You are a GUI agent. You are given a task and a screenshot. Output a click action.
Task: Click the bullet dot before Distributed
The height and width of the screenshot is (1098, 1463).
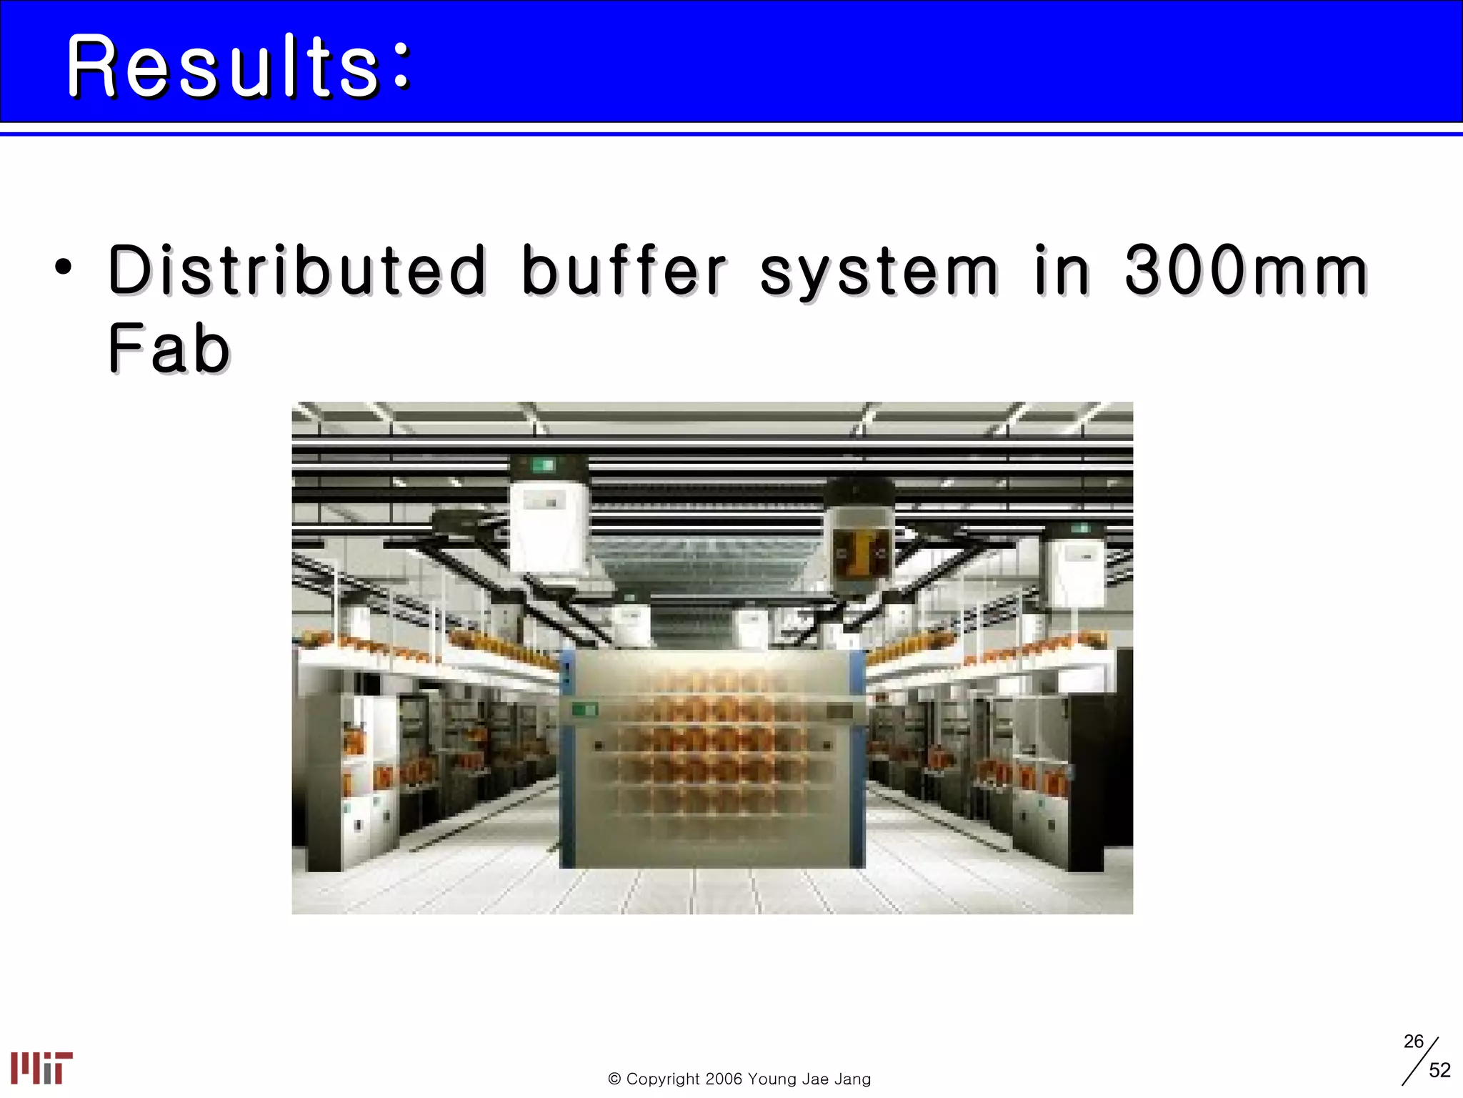[64, 268]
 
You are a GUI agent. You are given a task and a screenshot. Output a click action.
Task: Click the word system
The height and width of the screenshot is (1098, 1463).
[879, 272]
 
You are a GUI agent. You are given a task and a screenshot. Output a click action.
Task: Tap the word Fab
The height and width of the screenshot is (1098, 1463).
[169, 348]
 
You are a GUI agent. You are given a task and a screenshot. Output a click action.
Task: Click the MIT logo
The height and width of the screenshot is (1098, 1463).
[41, 1068]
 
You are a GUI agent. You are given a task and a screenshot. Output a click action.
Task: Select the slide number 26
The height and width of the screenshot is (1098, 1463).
[1413, 1042]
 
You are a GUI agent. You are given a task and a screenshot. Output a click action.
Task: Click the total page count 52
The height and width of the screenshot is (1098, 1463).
[1439, 1070]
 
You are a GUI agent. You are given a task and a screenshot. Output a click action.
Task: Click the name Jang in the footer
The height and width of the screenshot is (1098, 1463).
[852, 1079]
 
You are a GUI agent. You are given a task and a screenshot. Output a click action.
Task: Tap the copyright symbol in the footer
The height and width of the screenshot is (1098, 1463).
[614, 1079]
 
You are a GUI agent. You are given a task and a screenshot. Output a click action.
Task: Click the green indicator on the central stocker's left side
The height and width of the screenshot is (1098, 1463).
[584, 710]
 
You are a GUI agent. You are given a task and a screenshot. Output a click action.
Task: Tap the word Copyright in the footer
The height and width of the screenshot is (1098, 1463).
[663, 1079]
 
